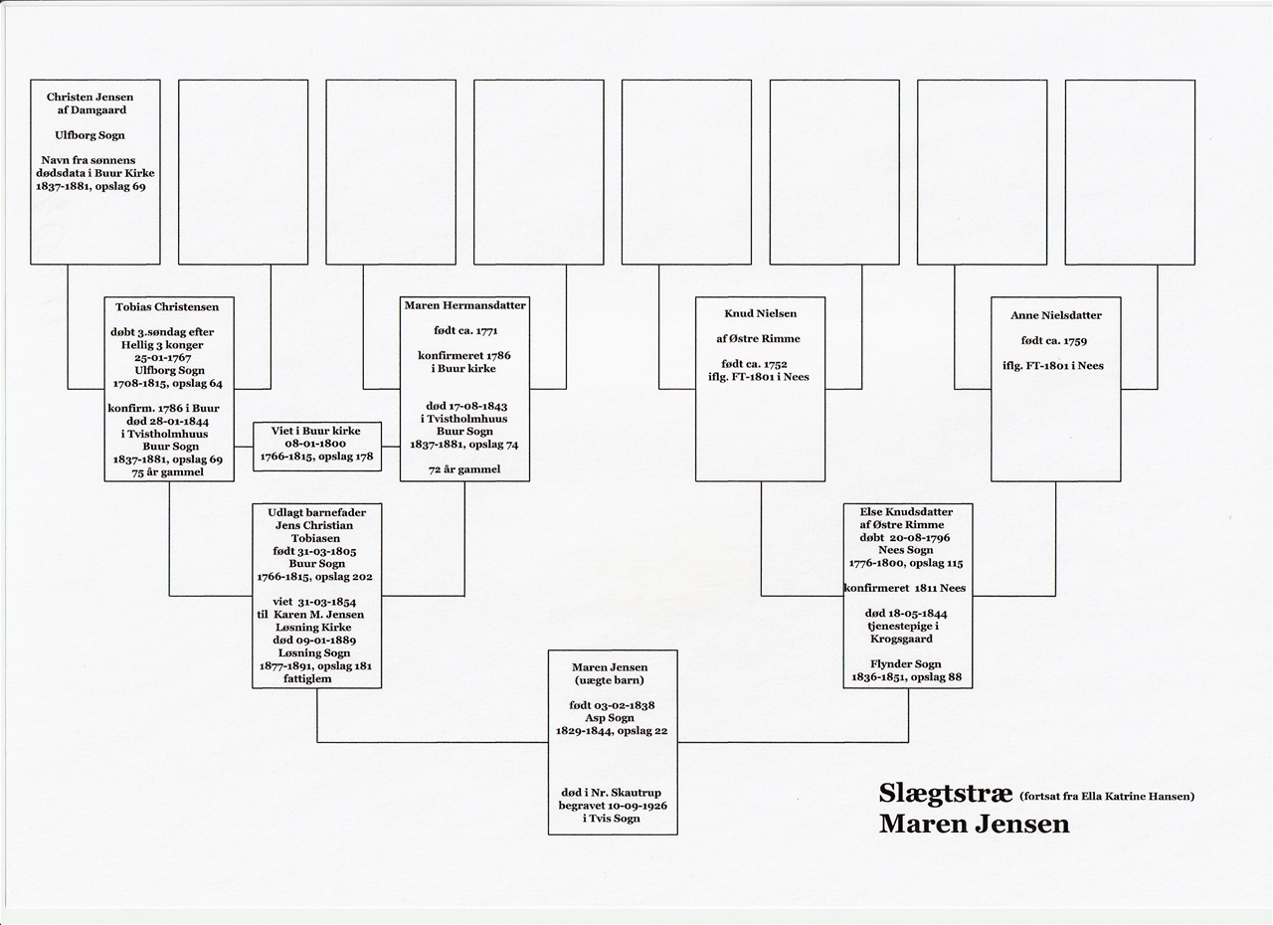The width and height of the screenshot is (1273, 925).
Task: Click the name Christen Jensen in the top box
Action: (x=90, y=97)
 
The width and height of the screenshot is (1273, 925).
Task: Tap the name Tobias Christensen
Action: (x=167, y=307)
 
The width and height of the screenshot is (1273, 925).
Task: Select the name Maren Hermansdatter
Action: (x=464, y=305)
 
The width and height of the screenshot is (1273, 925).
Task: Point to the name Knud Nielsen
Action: (x=761, y=313)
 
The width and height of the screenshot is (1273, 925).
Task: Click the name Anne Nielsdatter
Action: (x=1056, y=315)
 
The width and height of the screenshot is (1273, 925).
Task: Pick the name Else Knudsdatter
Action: (x=906, y=512)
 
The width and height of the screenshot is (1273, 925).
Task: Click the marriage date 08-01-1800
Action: (x=315, y=444)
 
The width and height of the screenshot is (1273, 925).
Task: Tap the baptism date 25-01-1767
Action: (x=162, y=358)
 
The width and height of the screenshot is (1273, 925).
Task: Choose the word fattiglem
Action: (x=307, y=679)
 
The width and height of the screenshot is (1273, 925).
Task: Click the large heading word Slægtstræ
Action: (x=946, y=794)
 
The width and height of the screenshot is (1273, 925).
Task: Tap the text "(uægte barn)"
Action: (x=610, y=680)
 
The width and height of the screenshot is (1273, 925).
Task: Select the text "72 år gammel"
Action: (x=464, y=469)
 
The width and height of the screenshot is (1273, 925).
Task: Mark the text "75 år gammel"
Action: (x=168, y=472)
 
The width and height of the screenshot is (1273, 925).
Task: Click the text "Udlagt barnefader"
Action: (x=316, y=512)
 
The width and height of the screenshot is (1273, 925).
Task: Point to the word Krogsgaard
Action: (x=901, y=639)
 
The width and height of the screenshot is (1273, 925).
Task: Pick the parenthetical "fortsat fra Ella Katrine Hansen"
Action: (x=1107, y=797)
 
